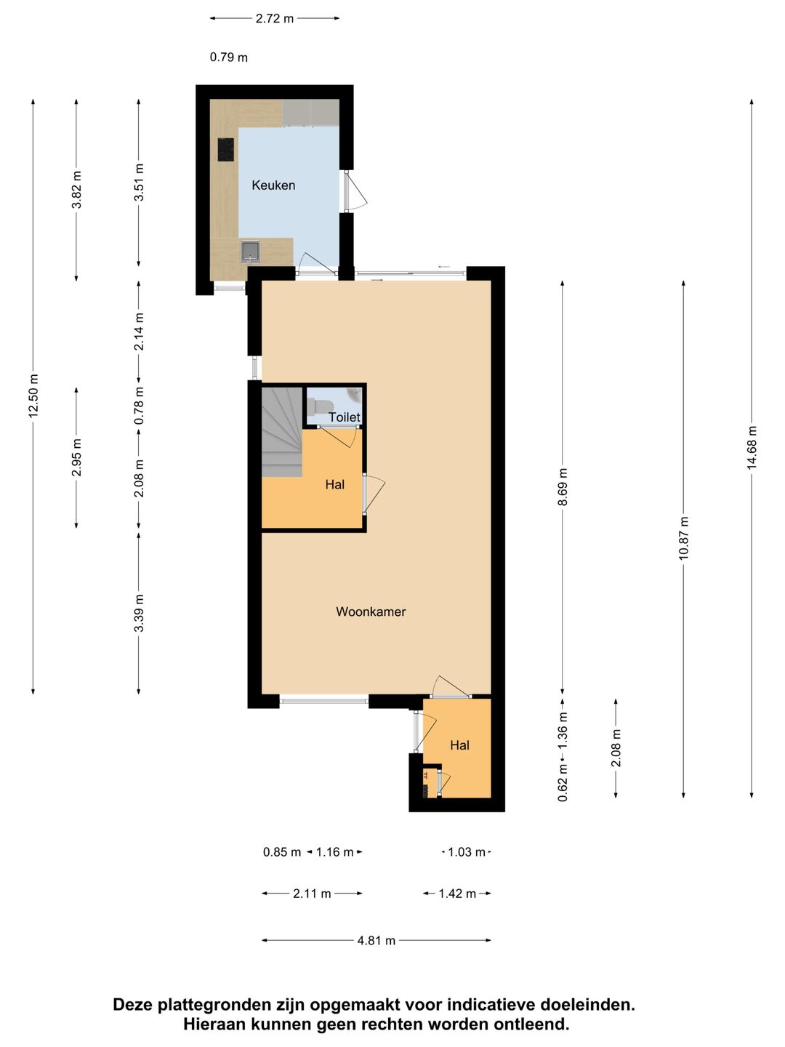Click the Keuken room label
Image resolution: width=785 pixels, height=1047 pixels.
click(x=273, y=185)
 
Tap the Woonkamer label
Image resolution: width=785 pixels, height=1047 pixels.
click(x=371, y=611)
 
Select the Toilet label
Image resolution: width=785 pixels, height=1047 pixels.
click(x=344, y=417)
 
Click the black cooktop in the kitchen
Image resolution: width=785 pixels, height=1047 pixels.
click(x=226, y=149)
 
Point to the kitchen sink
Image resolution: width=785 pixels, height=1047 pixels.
click(x=251, y=252)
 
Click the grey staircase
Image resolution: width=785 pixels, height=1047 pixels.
click(x=282, y=432)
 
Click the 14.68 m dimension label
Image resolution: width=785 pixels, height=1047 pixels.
click(x=752, y=447)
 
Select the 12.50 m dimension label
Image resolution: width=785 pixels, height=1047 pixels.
click(x=33, y=396)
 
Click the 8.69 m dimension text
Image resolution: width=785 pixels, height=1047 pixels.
click(x=563, y=486)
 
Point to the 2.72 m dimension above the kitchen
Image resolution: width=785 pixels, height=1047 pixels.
click(x=275, y=19)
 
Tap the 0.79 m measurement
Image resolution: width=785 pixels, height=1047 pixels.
click(x=229, y=57)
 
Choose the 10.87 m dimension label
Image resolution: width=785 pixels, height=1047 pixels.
click(x=683, y=537)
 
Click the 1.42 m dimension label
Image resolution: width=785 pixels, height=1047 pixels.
click(x=457, y=894)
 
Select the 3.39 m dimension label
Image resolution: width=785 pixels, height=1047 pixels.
click(x=139, y=613)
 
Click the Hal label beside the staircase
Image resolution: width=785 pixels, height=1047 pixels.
click(x=334, y=485)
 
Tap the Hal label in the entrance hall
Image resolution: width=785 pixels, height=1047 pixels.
click(x=459, y=745)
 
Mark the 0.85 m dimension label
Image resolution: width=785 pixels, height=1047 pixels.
click(x=282, y=852)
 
